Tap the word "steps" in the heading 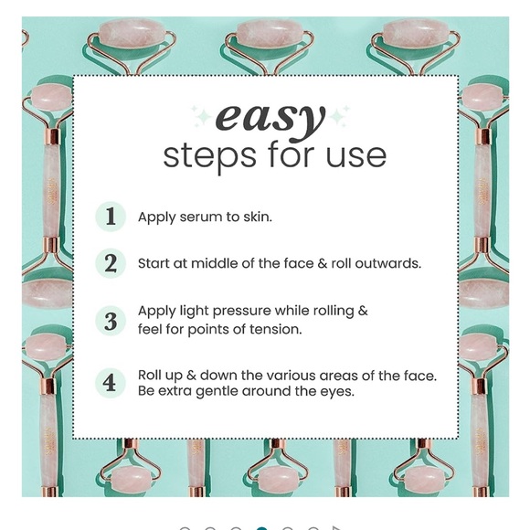point(209,156)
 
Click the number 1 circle point(111,217)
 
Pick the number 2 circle point(111,263)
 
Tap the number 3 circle point(111,321)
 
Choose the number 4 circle point(111,383)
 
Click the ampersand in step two point(323,263)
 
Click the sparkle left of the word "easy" point(202,117)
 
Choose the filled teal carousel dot point(261,528)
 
